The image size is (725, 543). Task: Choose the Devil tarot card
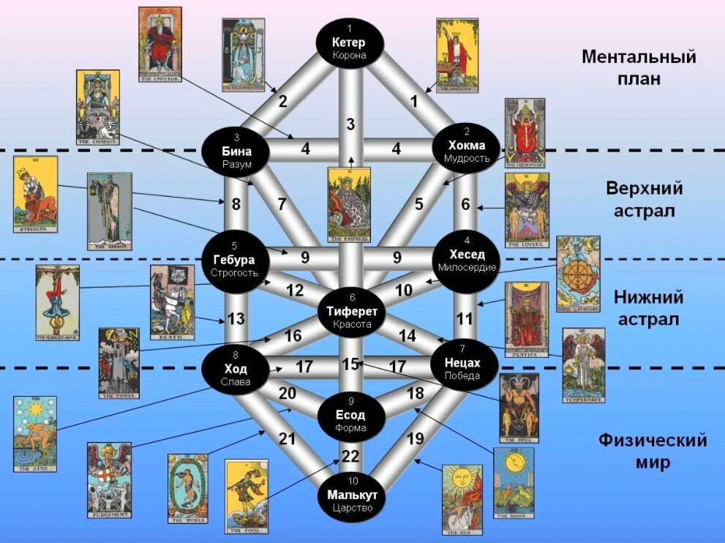pyautogui.click(x=519, y=408)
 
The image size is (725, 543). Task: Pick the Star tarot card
pyautogui.click(x=34, y=434)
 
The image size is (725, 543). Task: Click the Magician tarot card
pyautogui.click(x=457, y=55)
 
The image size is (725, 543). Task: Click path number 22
pyautogui.click(x=351, y=457)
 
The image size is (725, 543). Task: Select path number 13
pyautogui.click(x=236, y=318)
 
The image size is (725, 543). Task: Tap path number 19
pyautogui.click(x=415, y=440)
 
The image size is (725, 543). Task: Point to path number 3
pyautogui.click(x=350, y=124)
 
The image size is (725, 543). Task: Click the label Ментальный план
pyautogui.click(x=639, y=67)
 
